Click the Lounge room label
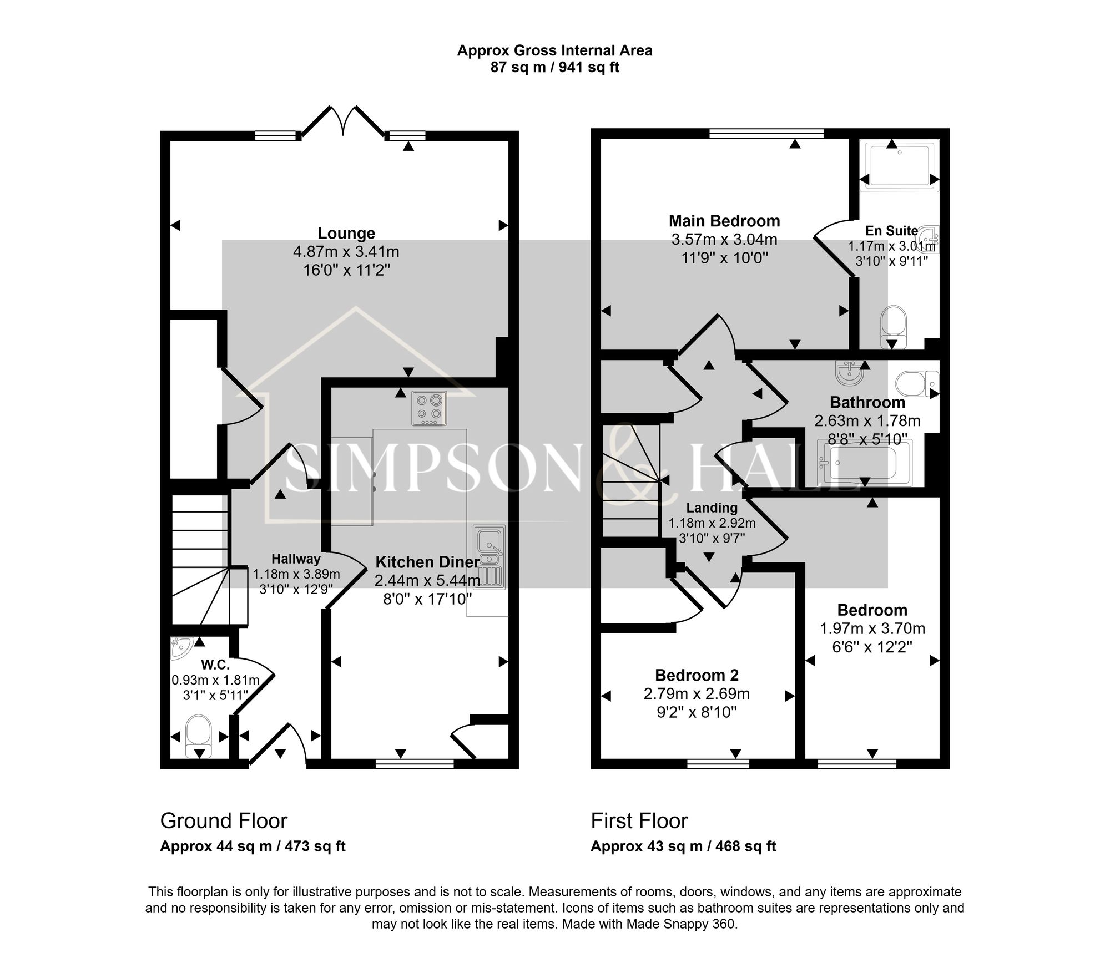tap(346, 233)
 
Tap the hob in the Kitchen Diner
tap(429, 409)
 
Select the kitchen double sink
tap(489, 556)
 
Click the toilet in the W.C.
tap(198, 735)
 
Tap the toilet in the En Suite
tap(893, 327)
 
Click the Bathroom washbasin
tap(850, 373)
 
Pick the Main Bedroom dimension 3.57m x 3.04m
tap(724, 240)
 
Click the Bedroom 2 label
tap(697, 675)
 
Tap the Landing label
tap(712, 508)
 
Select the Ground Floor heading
tap(224, 820)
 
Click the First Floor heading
tap(639, 820)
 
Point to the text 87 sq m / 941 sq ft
tap(554, 68)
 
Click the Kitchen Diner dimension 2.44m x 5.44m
tap(427, 581)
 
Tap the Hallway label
tap(296, 559)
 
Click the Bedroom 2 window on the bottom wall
tap(718, 764)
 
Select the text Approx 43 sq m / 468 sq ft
tap(683, 846)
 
